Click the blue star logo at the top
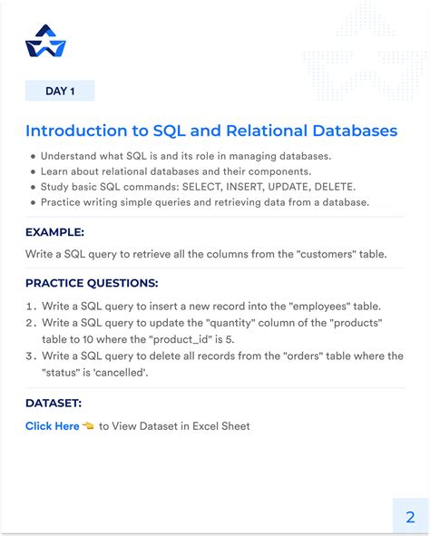[45, 41]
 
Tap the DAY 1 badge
[60, 91]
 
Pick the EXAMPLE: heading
[55, 231]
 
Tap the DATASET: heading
[53, 404]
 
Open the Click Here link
[52, 426]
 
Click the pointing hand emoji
[88, 426]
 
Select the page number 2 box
[410, 516]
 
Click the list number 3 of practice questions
[32, 356]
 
